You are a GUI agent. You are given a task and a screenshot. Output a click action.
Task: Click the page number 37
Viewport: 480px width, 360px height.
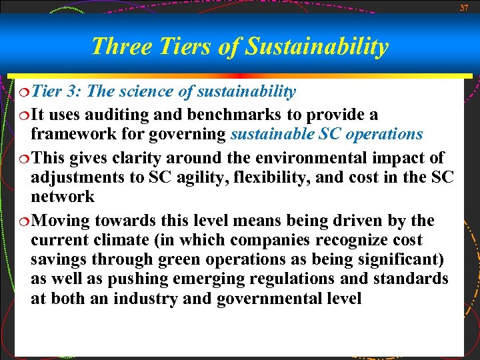[x=464, y=7]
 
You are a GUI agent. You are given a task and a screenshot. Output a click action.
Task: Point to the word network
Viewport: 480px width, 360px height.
[x=63, y=197]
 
